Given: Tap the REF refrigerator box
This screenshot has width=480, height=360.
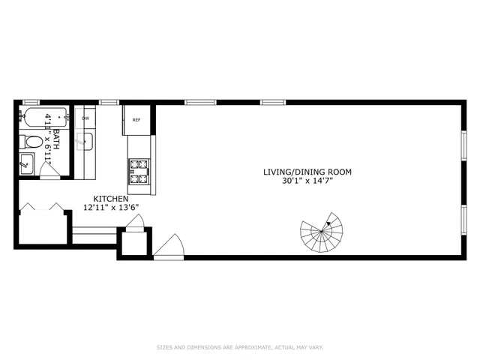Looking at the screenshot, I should [x=136, y=120].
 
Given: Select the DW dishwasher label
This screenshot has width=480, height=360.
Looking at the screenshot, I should [x=85, y=118].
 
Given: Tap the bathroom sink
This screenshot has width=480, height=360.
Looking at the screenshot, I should [x=25, y=163].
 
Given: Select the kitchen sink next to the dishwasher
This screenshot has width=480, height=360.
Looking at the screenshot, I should [x=85, y=141].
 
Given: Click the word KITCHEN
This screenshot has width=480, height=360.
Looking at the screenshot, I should [x=111, y=199].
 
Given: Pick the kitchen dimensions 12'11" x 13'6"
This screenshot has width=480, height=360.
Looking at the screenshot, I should [x=111, y=208].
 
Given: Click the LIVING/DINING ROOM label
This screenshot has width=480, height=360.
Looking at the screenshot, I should [x=307, y=172].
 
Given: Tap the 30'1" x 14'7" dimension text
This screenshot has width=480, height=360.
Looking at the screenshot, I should [x=307, y=181].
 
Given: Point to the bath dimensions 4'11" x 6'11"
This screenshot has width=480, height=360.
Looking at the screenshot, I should [x=48, y=138].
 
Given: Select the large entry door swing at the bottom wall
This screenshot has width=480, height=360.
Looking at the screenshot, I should [x=170, y=247].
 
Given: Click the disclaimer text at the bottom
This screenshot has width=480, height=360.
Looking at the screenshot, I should [x=239, y=347].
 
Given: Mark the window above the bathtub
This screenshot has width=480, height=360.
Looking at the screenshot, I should [x=31, y=102].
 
